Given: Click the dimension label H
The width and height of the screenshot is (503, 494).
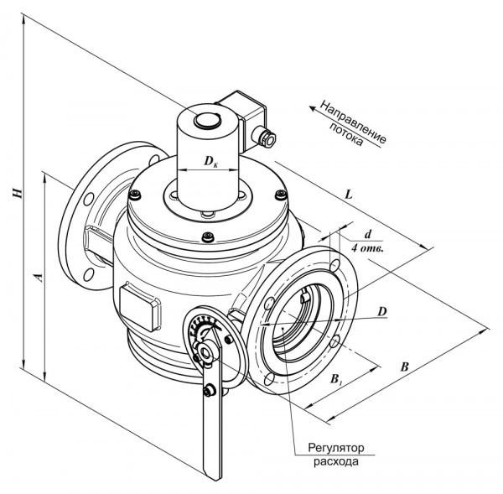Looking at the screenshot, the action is point(17,193).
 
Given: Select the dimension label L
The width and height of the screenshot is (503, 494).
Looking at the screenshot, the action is point(349,195).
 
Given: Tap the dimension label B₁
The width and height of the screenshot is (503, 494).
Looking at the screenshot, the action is point(335,379).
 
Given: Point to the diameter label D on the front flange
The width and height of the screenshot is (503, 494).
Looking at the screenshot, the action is point(382,311).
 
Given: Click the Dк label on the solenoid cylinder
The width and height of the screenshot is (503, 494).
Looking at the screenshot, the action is point(210,161).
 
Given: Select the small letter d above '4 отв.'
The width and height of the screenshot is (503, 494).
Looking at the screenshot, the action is point(368,234).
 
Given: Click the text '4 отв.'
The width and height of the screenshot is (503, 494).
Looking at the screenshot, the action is point(367,248).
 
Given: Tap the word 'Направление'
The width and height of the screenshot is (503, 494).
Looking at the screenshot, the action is point(353,122).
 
